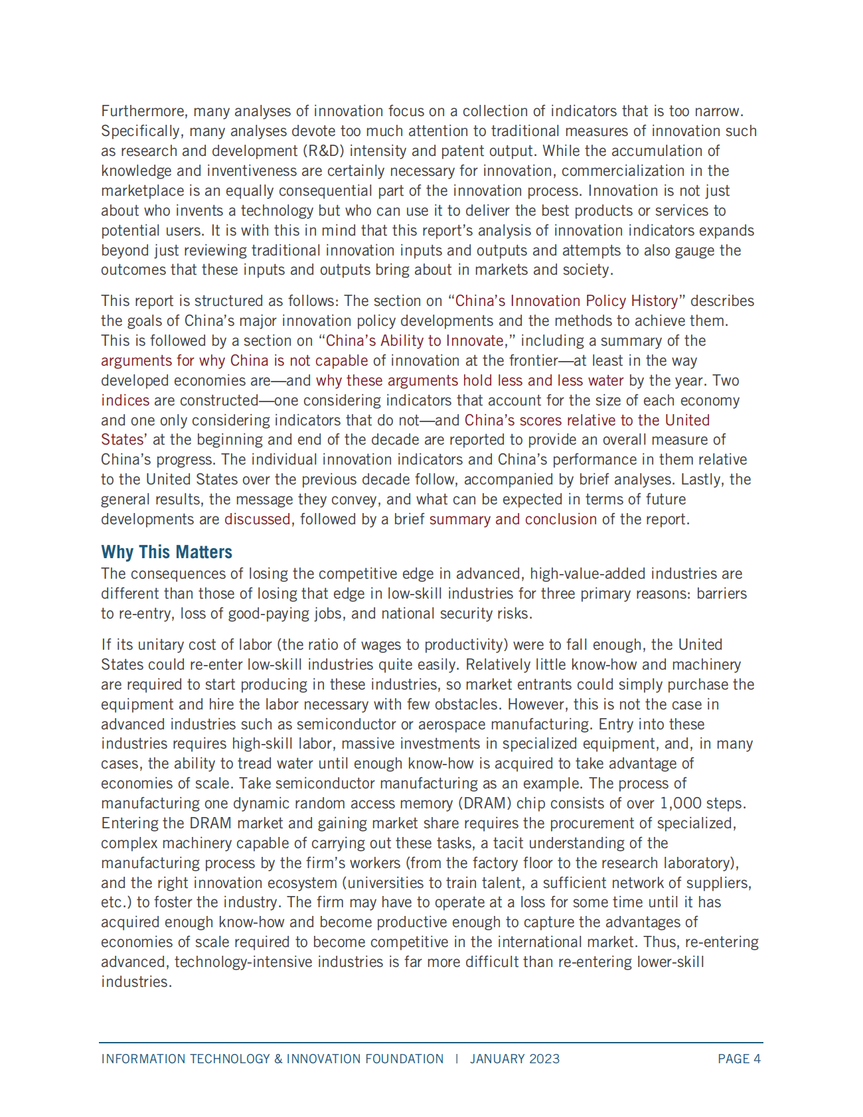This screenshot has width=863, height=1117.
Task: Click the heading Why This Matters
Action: click(167, 552)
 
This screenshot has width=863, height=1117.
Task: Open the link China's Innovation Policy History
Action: click(567, 301)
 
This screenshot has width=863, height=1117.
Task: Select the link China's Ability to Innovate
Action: click(415, 340)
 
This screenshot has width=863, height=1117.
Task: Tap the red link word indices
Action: click(125, 400)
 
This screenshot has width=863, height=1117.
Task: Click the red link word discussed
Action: click(258, 519)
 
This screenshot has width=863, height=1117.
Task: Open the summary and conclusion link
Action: click(513, 519)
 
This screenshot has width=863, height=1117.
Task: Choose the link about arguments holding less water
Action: click(470, 380)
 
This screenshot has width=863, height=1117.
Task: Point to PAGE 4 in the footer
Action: click(739, 1059)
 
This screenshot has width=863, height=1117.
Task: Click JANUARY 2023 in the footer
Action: click(515, 1059)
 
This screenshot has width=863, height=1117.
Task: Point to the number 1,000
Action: click(680, 803)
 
